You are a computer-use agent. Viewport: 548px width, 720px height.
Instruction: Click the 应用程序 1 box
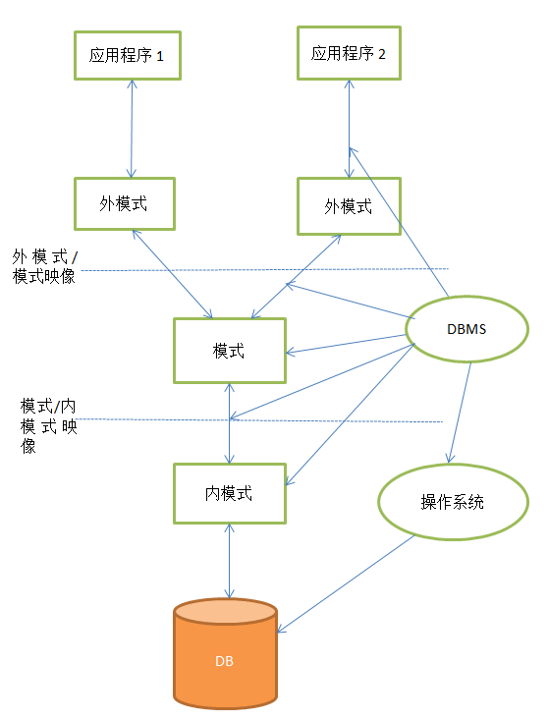point(127,56)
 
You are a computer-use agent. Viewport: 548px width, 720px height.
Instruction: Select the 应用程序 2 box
point(349,53)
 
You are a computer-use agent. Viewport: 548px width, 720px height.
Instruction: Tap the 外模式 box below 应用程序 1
point(124,203)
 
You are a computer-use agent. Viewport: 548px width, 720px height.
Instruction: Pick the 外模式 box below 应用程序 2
point(348,206)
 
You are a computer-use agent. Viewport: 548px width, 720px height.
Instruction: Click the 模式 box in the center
point(229,351)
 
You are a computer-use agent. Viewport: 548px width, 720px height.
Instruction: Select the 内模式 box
point(229,493)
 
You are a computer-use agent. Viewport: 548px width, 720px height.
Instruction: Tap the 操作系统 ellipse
point(446,502)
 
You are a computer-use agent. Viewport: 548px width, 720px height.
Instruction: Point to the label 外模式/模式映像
point(48,265)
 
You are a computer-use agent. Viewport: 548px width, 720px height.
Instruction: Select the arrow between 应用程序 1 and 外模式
point(131,129)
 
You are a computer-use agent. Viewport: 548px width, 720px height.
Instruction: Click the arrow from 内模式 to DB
point(229,560)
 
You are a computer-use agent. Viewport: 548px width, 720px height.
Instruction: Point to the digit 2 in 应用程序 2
point(382,54)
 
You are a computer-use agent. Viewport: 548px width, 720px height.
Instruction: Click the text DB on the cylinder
point(225,661)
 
